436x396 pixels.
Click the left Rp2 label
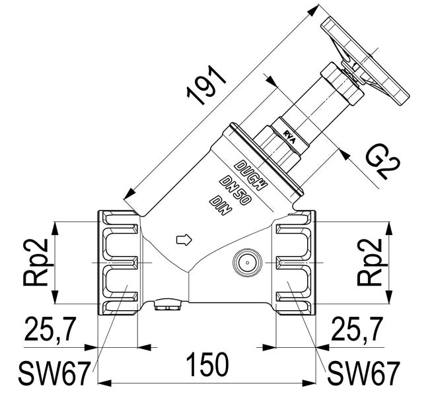36,262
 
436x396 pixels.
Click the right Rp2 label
371,262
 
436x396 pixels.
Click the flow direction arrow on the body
183,238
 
